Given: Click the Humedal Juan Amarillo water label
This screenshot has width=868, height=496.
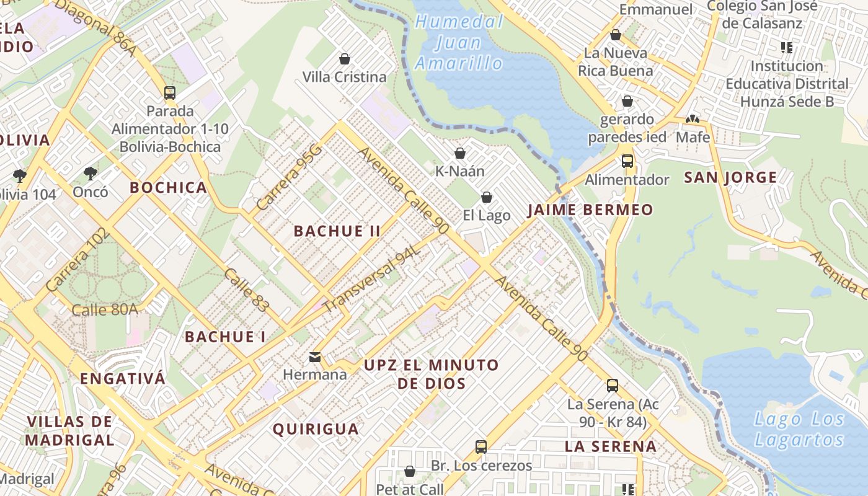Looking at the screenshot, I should pyautogui.click(x=459, y=43).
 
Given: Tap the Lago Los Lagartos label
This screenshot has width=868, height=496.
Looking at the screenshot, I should pyautogui.click(x=799, y=430).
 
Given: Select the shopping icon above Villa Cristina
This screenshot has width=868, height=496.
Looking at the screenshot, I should pyautogui.click(x=345, y=59).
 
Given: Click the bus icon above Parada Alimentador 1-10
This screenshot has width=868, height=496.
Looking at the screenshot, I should pyautogui.click(x=170, y=93).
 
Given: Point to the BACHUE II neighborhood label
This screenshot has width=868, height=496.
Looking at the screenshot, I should pyautogui.click(x=337, y=231).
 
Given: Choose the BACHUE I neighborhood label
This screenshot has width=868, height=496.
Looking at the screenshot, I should pyautogui.click(x=226, y=337).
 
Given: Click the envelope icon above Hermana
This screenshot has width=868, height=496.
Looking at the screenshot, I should pyautogui.click(x=315, y=356).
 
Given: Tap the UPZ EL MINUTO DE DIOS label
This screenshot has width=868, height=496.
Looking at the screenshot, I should pyautogui.click(x=432, y=374).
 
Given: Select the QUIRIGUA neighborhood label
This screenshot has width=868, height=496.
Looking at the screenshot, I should pyautogui.click(x=316, y=429).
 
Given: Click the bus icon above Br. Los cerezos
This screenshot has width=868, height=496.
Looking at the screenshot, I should pyautogui.click(x=481, y=446).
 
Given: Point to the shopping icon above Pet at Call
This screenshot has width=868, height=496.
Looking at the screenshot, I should pyautogui.click(x=409, y=472).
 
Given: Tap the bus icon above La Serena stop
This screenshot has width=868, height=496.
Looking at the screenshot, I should pyautogui.click(x=613, y=386).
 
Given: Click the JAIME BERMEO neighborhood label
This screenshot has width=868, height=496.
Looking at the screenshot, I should pyautogui.click(x=590, y=210).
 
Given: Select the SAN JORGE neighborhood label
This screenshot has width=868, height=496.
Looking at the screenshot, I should pyautogui.click(x=730, y=178).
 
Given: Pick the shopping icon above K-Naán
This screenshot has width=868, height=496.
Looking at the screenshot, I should pyautogui.click(x=460, y=153).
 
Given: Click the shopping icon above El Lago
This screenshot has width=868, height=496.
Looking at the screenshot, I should pyautogui.click(x=487, y=197).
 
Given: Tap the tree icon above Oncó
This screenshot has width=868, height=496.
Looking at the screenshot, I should pyautogui.click(x=91, y=173).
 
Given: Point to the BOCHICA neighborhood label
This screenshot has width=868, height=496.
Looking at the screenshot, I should pyautogui.click(x=168, y=188).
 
